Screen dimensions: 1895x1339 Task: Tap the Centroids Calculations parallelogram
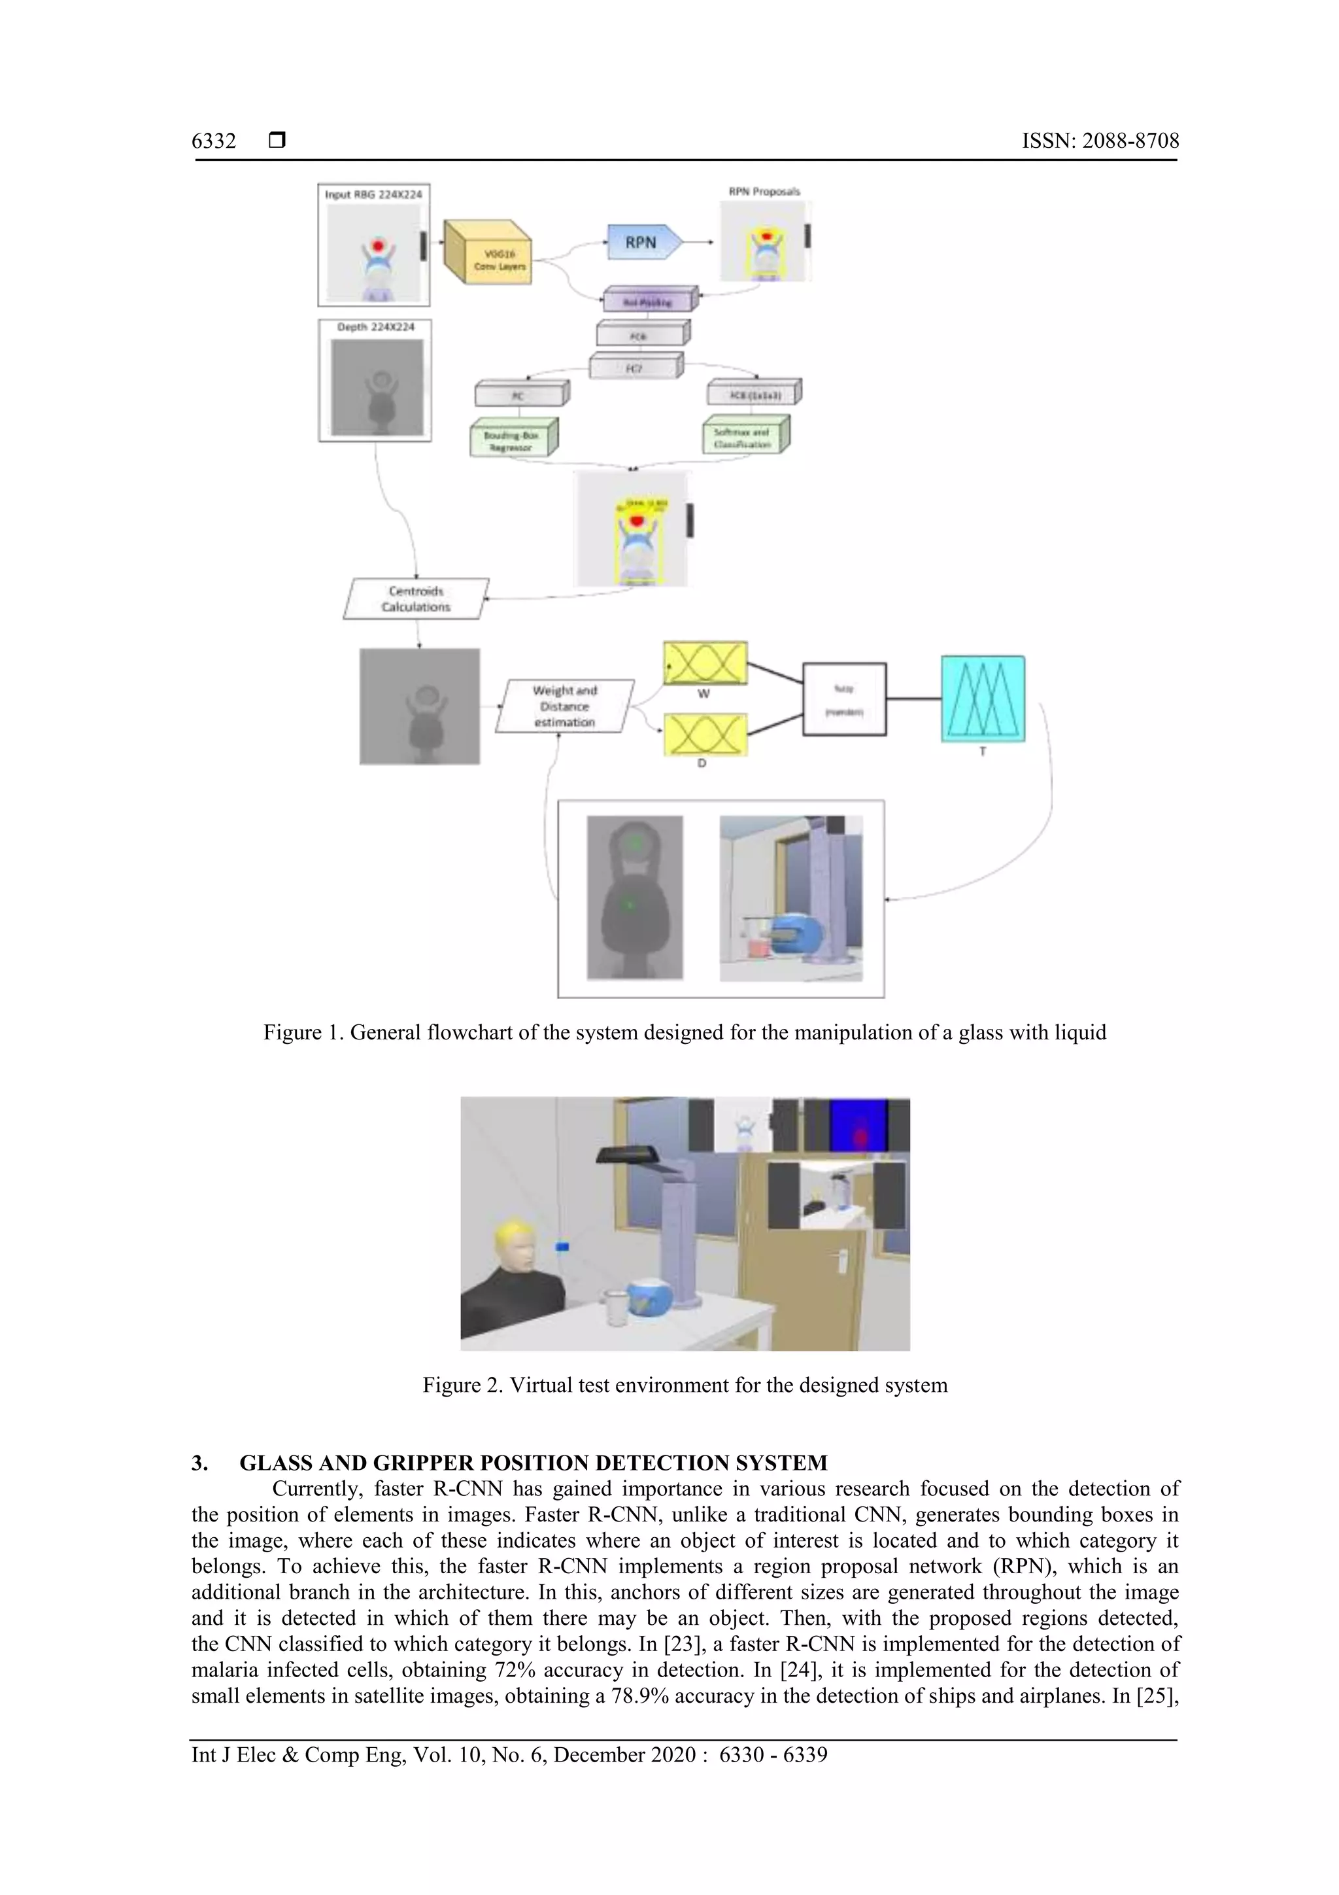tap(416, 599)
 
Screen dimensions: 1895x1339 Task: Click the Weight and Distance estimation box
tap(564, 706)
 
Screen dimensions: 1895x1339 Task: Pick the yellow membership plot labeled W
tap(705, 663)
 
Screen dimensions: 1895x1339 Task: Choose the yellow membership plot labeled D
tap(705, 735)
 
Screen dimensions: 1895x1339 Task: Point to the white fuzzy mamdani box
tap(844, 699)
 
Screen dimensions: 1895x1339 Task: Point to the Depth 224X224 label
tap(375, 328)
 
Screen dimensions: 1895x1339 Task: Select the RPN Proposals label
tap(764, 192)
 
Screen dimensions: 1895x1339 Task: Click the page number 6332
tap(214, 141)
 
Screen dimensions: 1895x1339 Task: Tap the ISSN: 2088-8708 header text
tap(1100, 141)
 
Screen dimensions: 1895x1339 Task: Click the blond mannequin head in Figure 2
tap(514, 1247)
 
